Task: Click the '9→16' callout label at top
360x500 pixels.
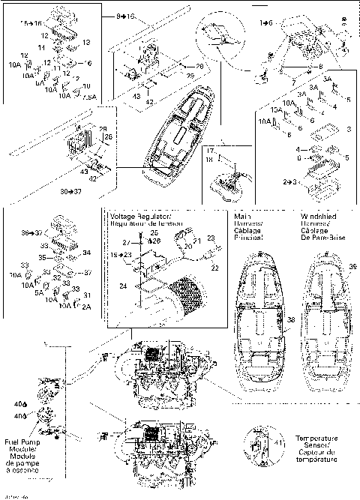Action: pyautogui.click(x=127, y=16)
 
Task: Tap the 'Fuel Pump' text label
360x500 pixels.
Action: pyautogui.click(x=20, y=442)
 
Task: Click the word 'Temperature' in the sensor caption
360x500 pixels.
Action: pyautogui.click(x=316, y=438)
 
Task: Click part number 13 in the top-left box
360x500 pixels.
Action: pyautogui.click(x=85, y=43)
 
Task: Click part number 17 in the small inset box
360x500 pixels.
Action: pyautogui.click(x=212, y=152)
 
